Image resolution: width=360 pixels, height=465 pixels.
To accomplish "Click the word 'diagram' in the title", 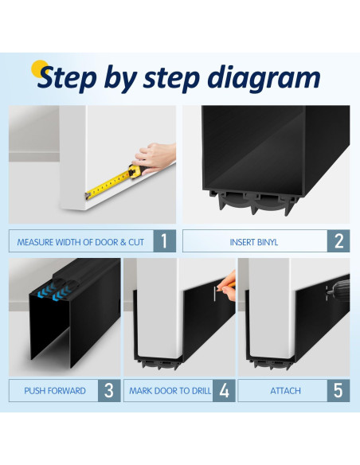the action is [x=264, y=78].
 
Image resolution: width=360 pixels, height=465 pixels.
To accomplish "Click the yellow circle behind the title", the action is [x=39, y=68].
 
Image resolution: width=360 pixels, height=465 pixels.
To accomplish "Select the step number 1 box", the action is [x=165, y=240].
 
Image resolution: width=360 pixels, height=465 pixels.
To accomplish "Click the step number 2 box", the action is [x=338, y=240].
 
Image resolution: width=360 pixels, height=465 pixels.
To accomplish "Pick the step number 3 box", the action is [x=109, y=391].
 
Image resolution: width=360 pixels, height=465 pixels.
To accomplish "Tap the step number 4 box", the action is [x=224, y=391].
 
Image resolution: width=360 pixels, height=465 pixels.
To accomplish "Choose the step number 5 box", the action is [x=338, y=391].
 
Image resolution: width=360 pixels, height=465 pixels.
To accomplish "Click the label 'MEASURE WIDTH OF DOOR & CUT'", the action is [x=80, y=242].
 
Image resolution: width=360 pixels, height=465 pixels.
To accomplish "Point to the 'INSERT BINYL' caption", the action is [x=254, y=242].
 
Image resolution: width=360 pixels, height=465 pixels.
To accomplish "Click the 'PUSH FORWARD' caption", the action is [x=55, y=391].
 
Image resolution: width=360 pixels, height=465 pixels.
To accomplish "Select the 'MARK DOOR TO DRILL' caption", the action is [x=170, y=391].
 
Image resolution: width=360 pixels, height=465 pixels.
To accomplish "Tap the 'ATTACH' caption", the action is [x=285, y=391].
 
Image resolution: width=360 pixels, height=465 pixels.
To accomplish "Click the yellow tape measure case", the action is [x=135, y=171].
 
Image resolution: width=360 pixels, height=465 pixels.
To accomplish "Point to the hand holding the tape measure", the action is [x=155, y=158].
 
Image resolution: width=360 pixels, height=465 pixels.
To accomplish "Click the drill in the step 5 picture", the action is [x=338, y=288].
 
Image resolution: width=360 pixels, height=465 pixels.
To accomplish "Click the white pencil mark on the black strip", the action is [x=214, y=294].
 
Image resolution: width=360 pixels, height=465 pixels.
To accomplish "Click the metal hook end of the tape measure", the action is [x=88, y=196].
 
